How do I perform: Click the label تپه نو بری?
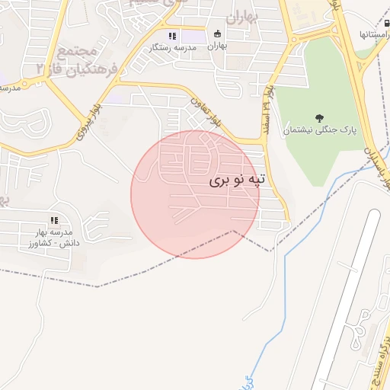[238, 181]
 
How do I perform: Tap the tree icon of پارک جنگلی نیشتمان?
[318, 118]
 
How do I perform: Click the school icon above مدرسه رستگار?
[172, 35]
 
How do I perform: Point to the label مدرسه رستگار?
[176, 47]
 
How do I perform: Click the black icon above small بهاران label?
[218, 34]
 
